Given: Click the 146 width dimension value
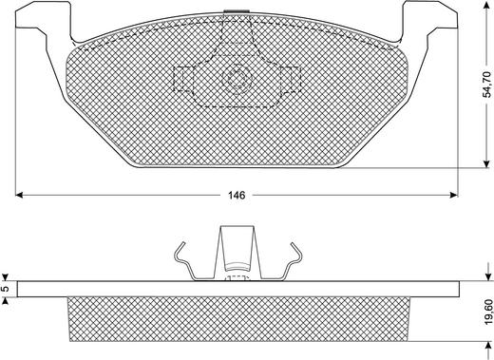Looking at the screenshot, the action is tap(237, 196).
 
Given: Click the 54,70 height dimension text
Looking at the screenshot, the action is tap(487, 85).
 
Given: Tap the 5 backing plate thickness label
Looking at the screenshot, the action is tap(4, 289).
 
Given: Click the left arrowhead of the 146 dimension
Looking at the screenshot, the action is tap(19, 195).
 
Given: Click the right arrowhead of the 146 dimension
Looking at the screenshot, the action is tap(454, 195).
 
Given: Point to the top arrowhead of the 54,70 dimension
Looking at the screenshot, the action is tap(486, 4).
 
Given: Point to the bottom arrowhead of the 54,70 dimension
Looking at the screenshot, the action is tap(486, 163).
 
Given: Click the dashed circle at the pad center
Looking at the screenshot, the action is tap(237, 78).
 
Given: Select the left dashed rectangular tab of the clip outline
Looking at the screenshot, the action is tap(183, 80).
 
